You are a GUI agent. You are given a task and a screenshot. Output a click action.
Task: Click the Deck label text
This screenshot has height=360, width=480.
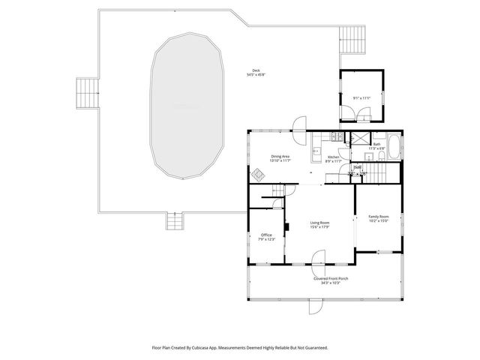(x=256, y=71)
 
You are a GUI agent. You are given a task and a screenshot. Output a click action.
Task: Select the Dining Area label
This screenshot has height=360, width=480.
(x=281, y=156)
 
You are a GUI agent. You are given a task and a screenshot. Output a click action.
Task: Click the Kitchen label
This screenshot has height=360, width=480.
(x=333, y=157)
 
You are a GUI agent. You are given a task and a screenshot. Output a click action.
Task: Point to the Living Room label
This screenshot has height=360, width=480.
(x=319, y=223)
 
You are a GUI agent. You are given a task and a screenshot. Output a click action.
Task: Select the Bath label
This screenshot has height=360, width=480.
(x=376, y=144)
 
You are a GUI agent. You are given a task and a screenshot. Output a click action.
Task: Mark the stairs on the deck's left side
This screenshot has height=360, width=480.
(x=86, y=94)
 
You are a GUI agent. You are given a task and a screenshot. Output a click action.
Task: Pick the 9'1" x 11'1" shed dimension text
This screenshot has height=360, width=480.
(x=362, y=98)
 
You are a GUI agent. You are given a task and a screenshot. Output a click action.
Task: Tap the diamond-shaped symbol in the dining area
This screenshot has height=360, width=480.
(x=259, y=175)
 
